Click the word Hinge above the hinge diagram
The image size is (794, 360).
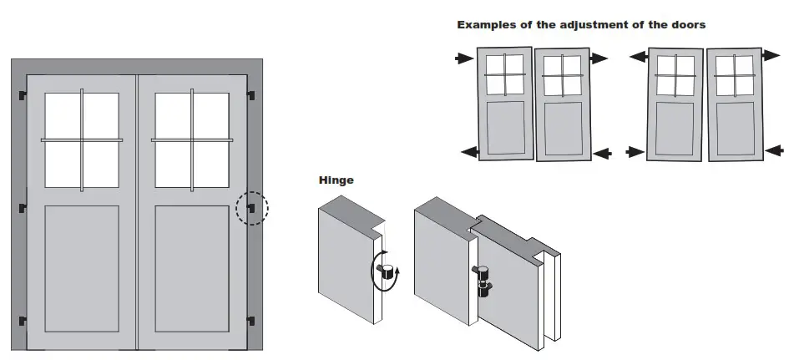(x=336, y=180)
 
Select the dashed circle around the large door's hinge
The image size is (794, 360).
(x=251, y=208)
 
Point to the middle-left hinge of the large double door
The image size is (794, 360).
(x=22, y=208)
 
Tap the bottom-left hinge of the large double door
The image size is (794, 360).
(x=22, y=319)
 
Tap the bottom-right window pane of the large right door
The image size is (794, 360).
(x=211, y=165)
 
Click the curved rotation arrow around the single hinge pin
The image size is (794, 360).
(x=386, y=271)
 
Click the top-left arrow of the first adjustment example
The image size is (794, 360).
(x=464, y=58)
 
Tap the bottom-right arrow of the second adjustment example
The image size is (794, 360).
(x=774, y=150)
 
